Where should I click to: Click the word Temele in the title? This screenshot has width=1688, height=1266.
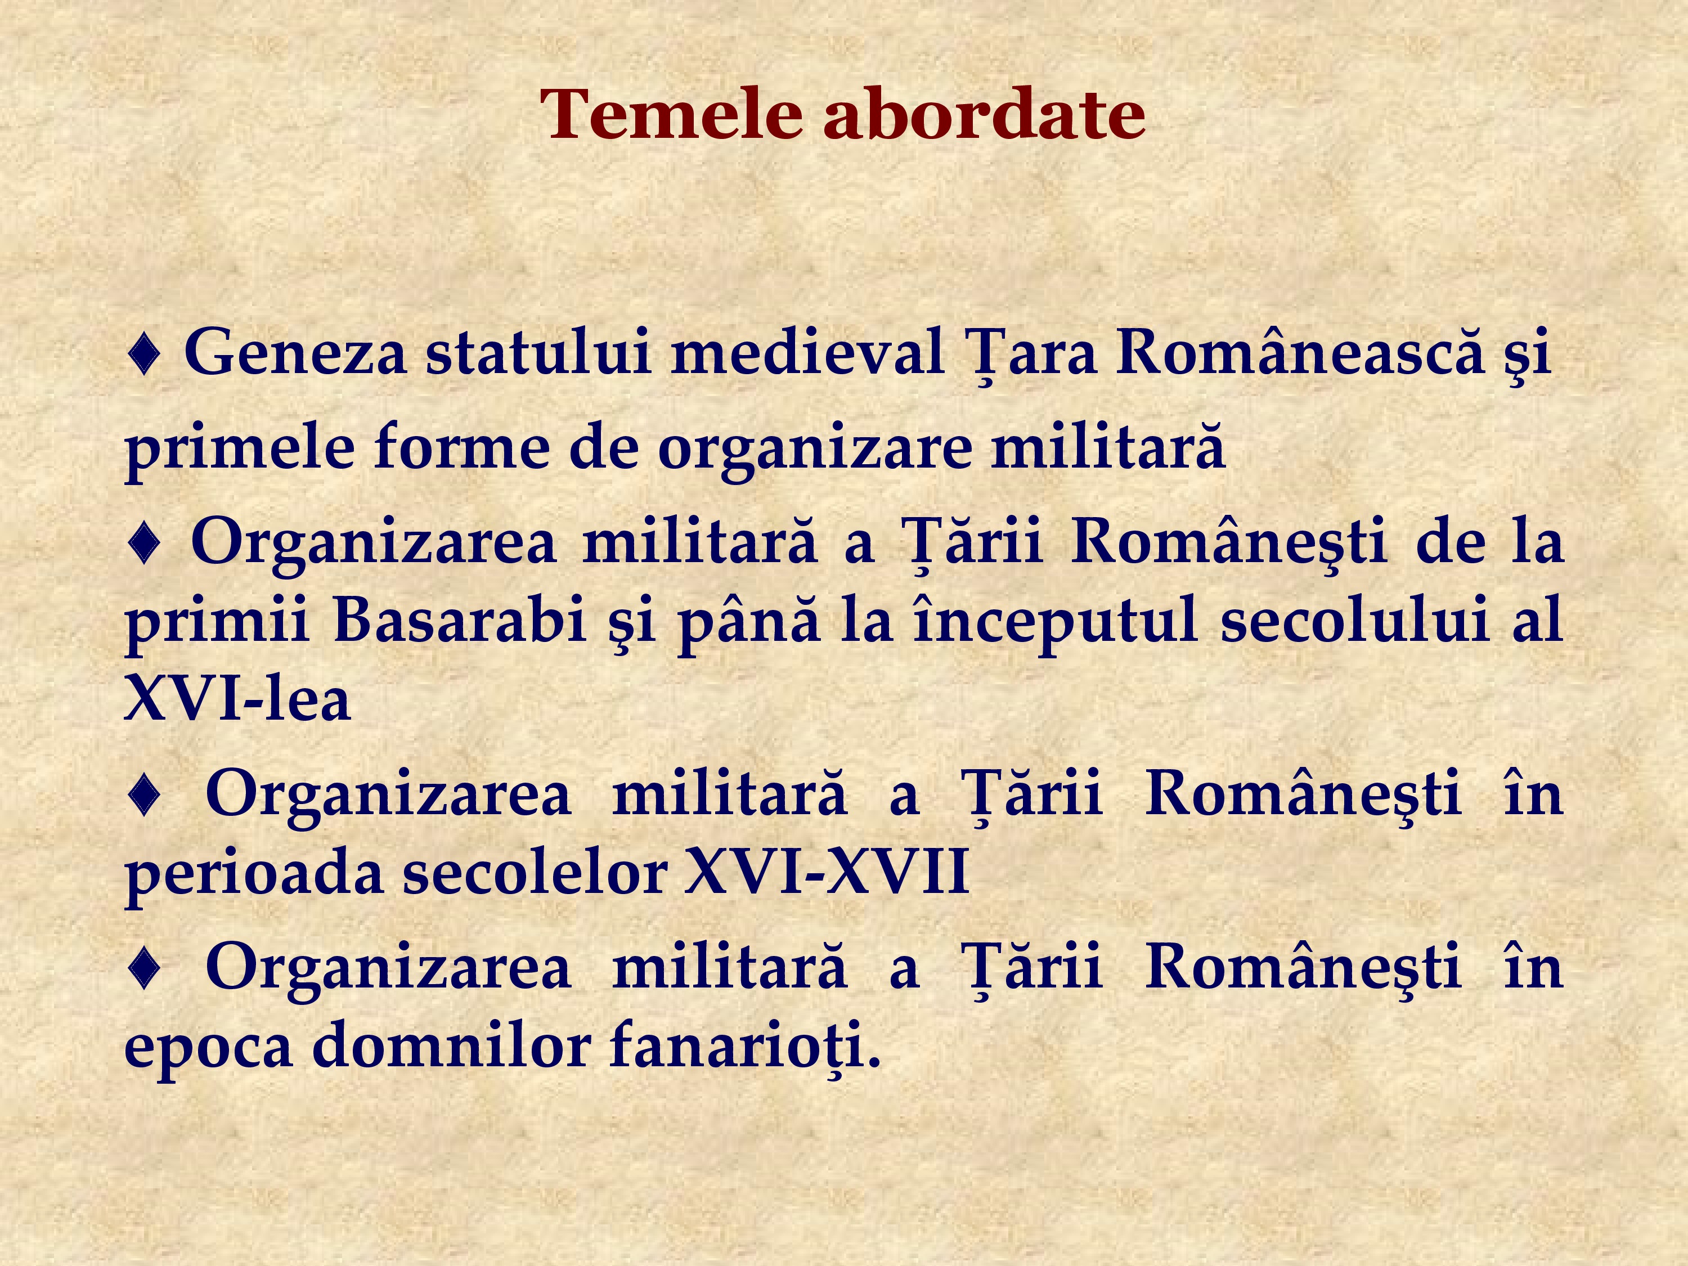[671, 114]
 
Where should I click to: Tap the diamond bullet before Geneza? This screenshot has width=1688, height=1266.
[144, 355]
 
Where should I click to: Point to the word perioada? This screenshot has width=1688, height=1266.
[253, 873]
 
